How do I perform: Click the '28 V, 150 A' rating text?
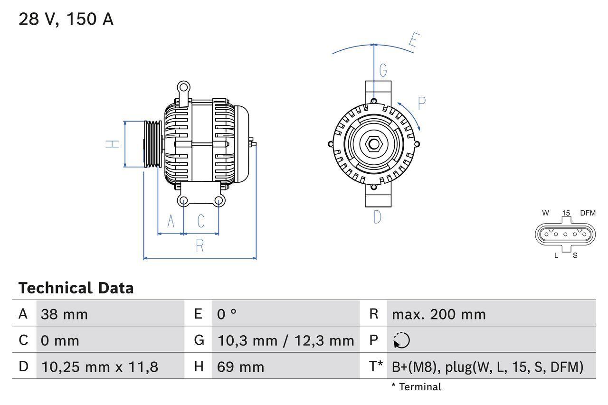point(66,19)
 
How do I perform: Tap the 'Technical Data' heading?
point(76,288)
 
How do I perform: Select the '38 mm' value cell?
point(64,314)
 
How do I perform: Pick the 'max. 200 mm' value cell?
point(438,314)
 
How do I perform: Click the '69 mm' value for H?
point(240,367)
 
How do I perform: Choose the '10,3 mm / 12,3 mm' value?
point(285,340)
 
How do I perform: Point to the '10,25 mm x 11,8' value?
point(100,367)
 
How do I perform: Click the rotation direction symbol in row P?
point(401,340)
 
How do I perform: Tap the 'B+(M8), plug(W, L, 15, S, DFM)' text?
point(487,367)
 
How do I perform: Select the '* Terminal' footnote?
point(416,387)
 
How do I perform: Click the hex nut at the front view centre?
point(374,144)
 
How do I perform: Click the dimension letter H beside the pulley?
point(113,144)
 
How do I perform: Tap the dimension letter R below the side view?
point(200,246)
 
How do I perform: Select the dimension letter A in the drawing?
point(171,221)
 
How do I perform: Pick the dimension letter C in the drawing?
point(201,221)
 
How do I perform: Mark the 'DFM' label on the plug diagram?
point(587,213)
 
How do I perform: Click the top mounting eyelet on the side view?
point(183,87)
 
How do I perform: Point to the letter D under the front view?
point(377,217)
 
